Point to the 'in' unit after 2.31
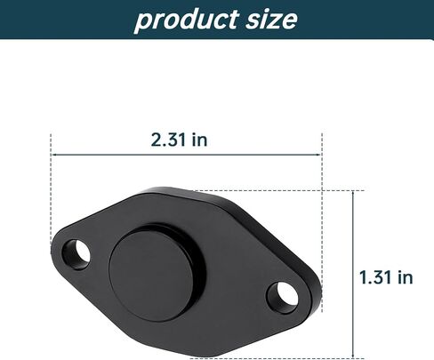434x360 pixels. pyautogui.click(x=199, y=140)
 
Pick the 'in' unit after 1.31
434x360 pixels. pyautogui.click(x=406, y=277)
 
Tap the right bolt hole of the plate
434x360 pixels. pyautogui.click(x=282, y=298)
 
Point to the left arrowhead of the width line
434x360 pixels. pyautogui.click(x=53, y=155)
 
